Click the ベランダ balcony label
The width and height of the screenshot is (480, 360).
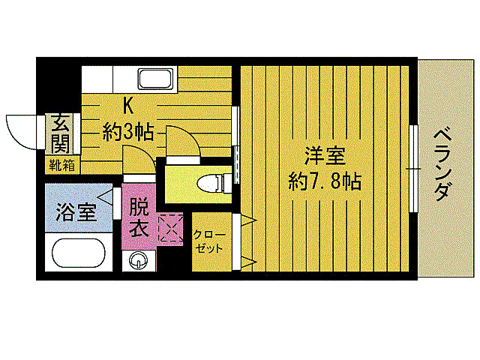(442, 164)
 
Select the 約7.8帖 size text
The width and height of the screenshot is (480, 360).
(324, 181)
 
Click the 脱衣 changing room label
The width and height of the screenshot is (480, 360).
(139, 217)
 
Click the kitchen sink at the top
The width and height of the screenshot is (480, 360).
(156, 78)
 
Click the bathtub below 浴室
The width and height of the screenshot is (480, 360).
(78, 253)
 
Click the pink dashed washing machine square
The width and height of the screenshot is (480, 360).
(170, 228)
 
